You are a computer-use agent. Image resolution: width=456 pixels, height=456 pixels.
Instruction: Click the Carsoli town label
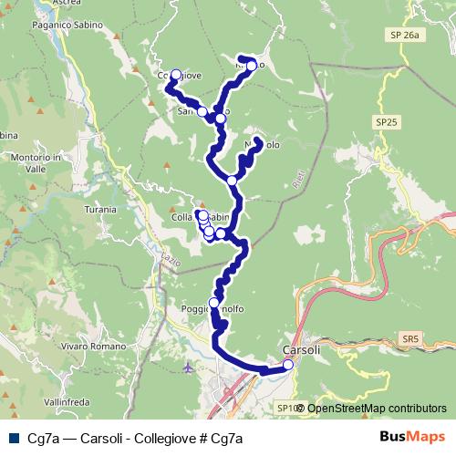point(301,350)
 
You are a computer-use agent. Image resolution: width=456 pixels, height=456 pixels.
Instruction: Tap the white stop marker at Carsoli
point(288,365)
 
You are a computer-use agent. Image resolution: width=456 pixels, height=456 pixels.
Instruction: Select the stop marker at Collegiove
point(176,76)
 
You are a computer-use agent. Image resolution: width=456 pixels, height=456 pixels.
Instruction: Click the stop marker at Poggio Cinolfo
point(214,303)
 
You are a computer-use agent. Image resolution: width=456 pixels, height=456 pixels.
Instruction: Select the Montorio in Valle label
point(37,162)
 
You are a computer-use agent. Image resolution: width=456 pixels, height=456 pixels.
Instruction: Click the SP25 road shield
point(387,120)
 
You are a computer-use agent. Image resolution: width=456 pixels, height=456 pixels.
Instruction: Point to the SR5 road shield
point(411,338)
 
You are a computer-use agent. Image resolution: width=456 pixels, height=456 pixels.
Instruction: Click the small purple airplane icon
point(189,368)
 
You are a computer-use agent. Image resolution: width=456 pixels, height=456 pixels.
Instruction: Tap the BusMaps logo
point(412,438)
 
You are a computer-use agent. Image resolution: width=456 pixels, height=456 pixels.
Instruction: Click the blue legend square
point(15,438)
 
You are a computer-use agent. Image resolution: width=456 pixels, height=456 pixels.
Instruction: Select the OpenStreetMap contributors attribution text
point(377,408)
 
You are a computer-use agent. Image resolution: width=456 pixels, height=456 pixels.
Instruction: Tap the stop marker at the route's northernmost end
point(251,66)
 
